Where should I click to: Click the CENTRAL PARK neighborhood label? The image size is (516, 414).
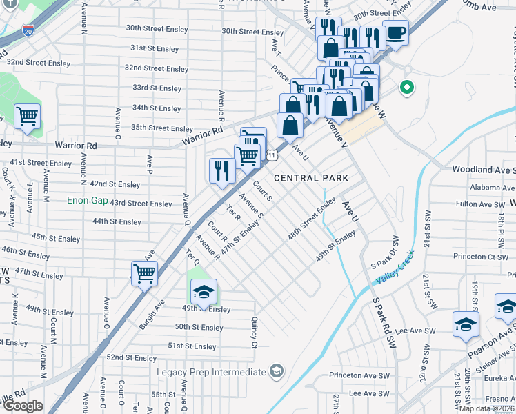pos(310,178)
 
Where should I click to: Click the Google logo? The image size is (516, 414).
pos(23,406)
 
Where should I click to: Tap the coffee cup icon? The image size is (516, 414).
pos(395,32)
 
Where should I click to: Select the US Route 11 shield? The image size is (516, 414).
pos(273,155)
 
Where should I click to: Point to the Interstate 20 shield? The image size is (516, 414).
pos(27,30)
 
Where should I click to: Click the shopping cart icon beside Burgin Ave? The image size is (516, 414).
pos(144,273)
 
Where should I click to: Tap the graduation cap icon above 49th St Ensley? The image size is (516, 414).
pos(203,292)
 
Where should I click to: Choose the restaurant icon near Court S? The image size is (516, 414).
pos(222,170)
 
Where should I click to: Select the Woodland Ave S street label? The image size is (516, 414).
pos(483,169)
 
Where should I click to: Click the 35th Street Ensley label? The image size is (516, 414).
pos(162,128)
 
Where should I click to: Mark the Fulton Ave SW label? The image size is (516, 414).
pos(481,204)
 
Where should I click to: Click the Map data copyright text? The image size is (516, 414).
pos(486,408)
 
